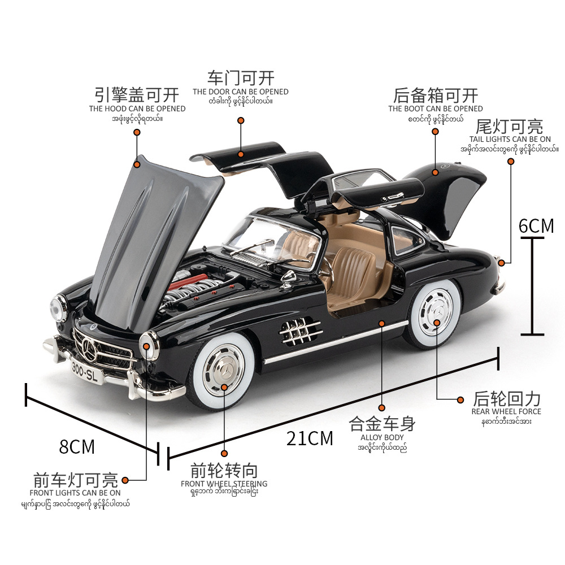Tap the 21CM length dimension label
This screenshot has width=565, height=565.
coord(310,438)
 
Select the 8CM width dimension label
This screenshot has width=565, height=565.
coord(77,446)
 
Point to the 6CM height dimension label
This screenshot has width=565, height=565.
coord(536,225)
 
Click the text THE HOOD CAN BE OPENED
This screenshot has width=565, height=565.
coord(137,108)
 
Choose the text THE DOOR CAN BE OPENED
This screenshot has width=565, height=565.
coord(240,92)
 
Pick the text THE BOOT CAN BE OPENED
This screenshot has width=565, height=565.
coord(436,108)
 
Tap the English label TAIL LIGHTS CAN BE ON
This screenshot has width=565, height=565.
coord(510,139)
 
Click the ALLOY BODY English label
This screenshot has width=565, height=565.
coord(382,437)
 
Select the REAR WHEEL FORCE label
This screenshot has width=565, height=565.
coord(506,412)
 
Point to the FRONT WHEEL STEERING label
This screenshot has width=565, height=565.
coord(224,484)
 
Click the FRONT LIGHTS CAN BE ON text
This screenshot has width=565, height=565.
coord(75,493)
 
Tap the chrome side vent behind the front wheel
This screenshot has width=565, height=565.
coord(299,329)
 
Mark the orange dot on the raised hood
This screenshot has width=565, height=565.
coord(137,164)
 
